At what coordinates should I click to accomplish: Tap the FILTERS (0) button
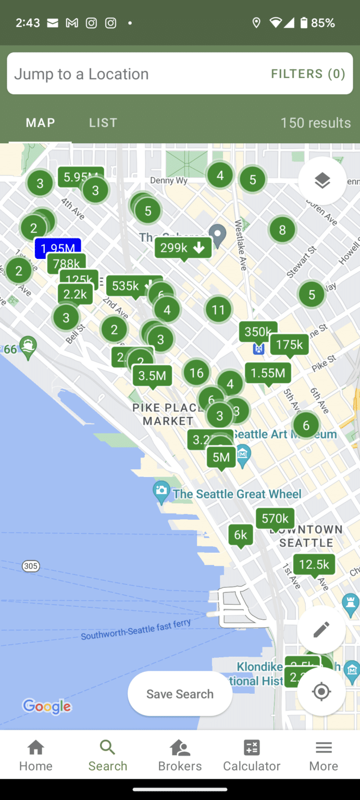pos(308,74)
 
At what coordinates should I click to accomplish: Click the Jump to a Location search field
pos(130,74)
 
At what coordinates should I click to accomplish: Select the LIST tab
pos(103,123)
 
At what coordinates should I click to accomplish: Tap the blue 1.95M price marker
pos(57,248)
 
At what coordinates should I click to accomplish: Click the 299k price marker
pos(183,248)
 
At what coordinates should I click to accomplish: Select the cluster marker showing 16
pos(196,373)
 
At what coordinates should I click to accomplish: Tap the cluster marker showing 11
pos(218,310)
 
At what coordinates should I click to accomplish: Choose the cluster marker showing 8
pos(282,230)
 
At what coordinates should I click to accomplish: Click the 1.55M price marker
pos(268,373)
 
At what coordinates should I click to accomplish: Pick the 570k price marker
pos(275,518)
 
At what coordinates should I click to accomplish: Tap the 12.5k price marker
pos(314,565)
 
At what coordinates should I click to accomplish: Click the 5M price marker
pos(221,457)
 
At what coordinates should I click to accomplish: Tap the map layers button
pos(322,181)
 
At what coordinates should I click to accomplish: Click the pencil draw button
pos(321,630)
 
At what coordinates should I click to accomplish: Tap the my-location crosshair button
pos(321,692)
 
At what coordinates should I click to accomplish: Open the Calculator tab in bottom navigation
pos(252,756)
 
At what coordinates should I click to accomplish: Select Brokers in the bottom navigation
pos(180,756)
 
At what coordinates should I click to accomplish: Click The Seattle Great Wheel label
pos(237,494)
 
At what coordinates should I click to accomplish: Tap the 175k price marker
pos(289,345)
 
